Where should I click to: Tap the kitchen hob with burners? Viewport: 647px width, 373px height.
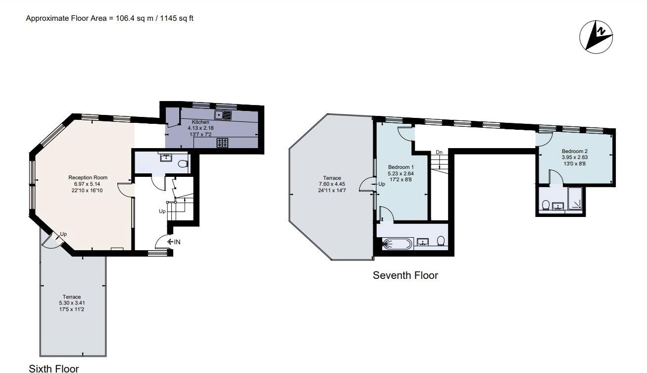[x=223, y=143]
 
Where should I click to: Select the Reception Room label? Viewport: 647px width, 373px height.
[x=88, y=177]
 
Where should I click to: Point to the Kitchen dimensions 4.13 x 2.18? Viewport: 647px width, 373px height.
[x=198, y=128]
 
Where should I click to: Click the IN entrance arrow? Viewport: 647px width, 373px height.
[x=173, y=242]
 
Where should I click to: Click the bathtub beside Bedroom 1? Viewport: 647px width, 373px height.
[x=397, y=243]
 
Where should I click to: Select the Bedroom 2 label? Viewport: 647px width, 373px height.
[x=574, y=151]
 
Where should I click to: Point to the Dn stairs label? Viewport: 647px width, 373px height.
[x=439, y=152]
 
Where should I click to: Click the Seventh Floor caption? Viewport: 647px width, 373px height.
[x=405, y=275]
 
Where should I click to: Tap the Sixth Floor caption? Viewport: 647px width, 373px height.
[x=53, y=368]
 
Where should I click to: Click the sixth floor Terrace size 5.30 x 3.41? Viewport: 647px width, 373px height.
[x=74, y=303]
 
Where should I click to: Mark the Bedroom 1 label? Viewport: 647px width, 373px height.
[x=400, y=167]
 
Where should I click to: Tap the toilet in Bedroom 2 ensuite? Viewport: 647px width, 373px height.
[x=545, y=205]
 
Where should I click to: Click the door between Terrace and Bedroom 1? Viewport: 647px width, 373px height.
[x=367, y=184]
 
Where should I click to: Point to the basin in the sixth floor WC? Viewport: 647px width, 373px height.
[x=166, y=159]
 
